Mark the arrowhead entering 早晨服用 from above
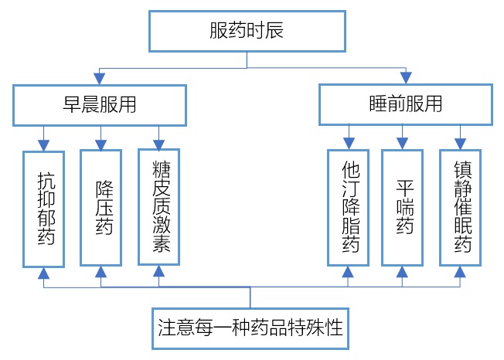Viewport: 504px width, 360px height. pos(99,79)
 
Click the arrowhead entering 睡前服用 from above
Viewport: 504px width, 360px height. pos(406,78)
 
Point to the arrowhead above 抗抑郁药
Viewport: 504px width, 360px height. pos(44,145)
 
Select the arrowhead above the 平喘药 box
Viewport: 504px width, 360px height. pos(402,144)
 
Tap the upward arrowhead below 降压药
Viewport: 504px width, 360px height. pos(101,272)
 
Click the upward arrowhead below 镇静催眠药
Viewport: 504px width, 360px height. pos(460,272)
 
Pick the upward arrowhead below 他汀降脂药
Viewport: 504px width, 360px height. pos(348,272)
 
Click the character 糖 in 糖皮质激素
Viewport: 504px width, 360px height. pos(162,169)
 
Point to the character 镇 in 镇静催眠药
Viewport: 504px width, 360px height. pos(463,170)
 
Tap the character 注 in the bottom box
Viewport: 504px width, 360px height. pos(167,328)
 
